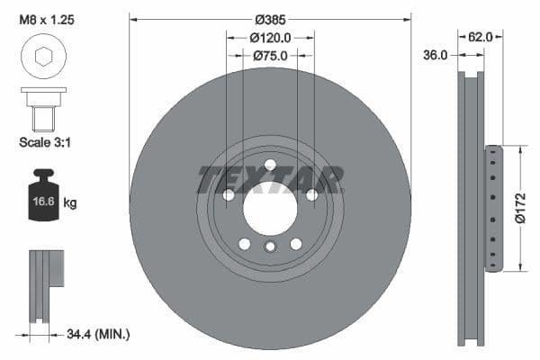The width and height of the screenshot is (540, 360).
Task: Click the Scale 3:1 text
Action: point(45,142)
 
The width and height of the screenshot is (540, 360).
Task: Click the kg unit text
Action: point(70,203)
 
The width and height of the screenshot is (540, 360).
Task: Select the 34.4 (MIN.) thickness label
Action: point(98,335)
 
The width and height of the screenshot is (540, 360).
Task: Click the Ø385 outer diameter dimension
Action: point(270,19)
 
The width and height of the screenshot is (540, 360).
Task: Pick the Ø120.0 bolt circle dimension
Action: point(270,38)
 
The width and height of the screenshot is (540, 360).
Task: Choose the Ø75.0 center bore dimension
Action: point(270,56)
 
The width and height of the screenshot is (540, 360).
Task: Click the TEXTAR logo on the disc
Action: point(270,179)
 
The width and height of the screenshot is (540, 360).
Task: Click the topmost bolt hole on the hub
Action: point(270,164)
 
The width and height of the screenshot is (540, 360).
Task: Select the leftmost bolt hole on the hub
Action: point(229,195)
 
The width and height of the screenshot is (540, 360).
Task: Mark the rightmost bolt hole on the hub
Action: point(311,195)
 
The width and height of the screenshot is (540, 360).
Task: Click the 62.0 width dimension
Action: point(481,38)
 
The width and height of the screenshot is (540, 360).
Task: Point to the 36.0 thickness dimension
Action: point(436,55)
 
